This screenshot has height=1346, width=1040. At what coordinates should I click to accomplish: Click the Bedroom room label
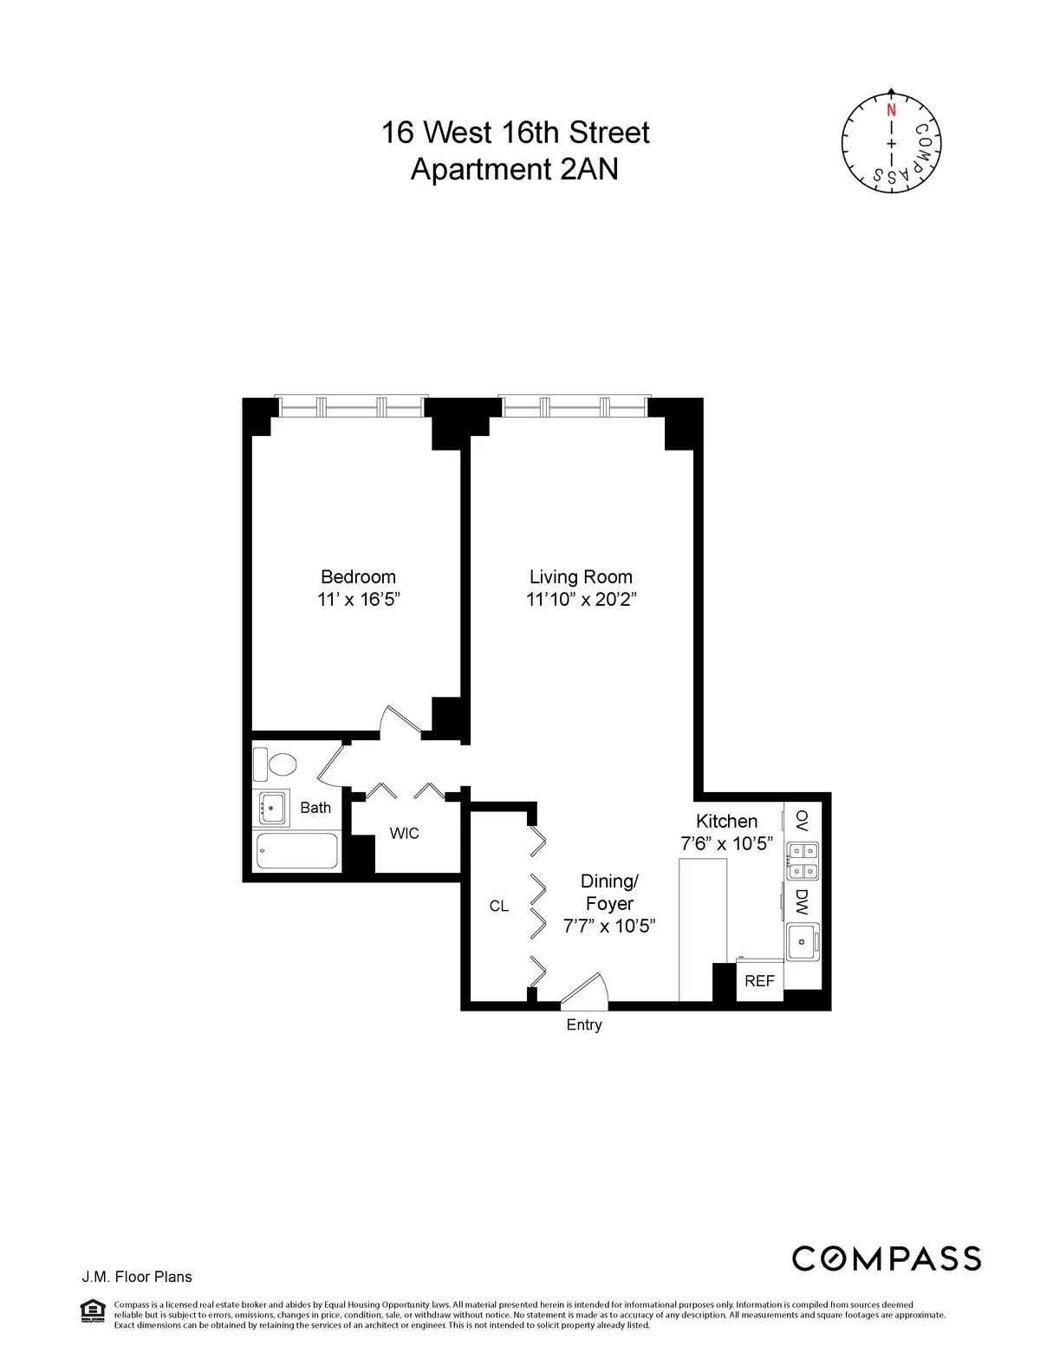[x=358, y=577]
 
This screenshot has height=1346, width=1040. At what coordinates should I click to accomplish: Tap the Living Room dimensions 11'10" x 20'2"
[x=581, y=600]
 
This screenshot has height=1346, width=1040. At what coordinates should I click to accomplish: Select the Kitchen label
[x=726, y=821]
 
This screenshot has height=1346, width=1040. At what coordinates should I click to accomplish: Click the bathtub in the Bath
[x=296, y=851]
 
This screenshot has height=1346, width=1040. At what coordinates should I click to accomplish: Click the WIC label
[x=404, y=834]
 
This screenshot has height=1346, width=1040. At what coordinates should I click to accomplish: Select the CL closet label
[x=498, y=907]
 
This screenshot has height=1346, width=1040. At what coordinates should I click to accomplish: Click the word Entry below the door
[x=583, y=1025]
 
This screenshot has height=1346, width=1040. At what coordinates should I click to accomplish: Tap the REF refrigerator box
[x=759, y=981]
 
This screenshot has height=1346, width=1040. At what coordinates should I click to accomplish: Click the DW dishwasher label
[x=802, y=902]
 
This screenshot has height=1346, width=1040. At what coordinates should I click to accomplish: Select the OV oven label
[x=802, y=820]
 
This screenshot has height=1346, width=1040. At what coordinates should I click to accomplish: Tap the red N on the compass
[x=891, y=110]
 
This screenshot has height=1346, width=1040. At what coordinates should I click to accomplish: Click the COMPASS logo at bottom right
[x=886, y=1258]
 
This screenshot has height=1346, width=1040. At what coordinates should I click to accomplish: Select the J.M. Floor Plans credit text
[x=137, y=1277]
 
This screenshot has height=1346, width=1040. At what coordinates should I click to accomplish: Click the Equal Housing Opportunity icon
[x=92, y=1311]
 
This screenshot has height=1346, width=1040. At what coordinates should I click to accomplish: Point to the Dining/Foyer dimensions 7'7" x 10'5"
[x=608, y=927]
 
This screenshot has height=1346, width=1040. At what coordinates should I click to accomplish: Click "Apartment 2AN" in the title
[x=514, y=169]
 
